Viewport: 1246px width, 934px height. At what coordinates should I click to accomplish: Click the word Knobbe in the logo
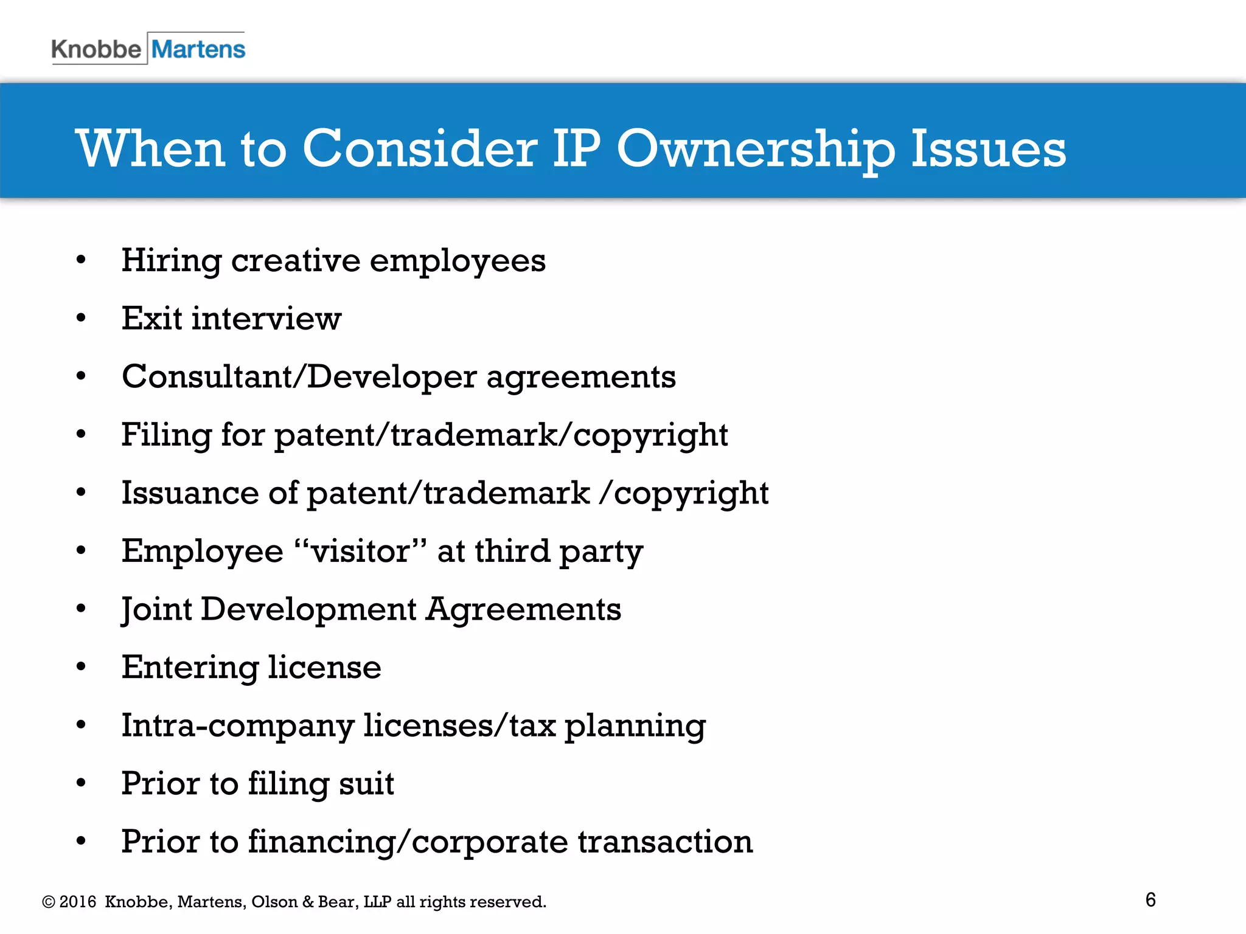coord(96,49)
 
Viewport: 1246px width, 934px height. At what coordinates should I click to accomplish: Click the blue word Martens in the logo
coord(198,49)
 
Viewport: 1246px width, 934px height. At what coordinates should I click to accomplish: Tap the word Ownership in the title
coord(756,149)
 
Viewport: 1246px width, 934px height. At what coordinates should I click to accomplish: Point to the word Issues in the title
coord(988,149)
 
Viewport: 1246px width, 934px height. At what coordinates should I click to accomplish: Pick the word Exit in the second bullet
coord(151,318)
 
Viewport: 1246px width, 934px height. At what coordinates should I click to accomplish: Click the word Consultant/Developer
coord(299,376)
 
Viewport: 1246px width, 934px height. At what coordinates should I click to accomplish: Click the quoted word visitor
coord(361,551)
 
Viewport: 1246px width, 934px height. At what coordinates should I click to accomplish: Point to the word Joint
coord(156,609)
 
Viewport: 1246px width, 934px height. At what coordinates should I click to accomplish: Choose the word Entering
coord(190,668)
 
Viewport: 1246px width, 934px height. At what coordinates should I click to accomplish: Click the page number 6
coord(1150,899)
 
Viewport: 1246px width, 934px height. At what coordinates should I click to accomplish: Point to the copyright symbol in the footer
coord(49,902)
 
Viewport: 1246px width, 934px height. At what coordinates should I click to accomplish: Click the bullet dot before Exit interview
coord(81,318)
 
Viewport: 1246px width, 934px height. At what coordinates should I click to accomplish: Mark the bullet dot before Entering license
coord(81,667)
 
